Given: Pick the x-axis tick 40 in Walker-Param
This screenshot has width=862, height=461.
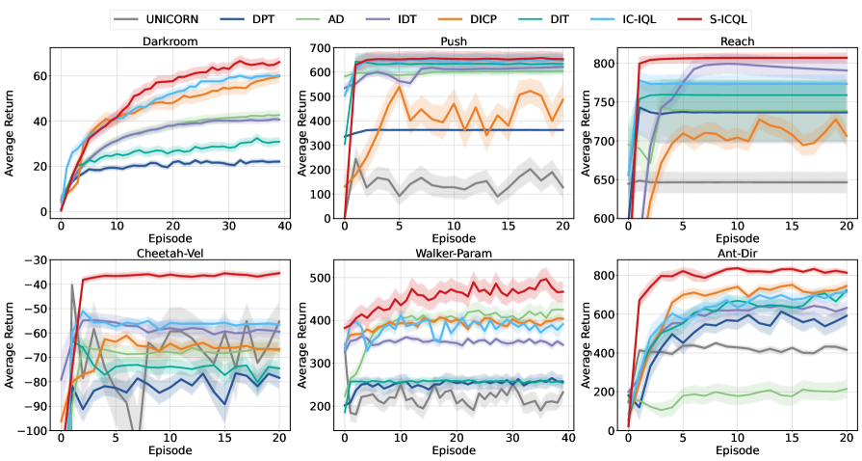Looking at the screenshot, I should pos(567,439).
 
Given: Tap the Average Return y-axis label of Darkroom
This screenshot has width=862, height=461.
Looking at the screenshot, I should pos(11,135).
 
